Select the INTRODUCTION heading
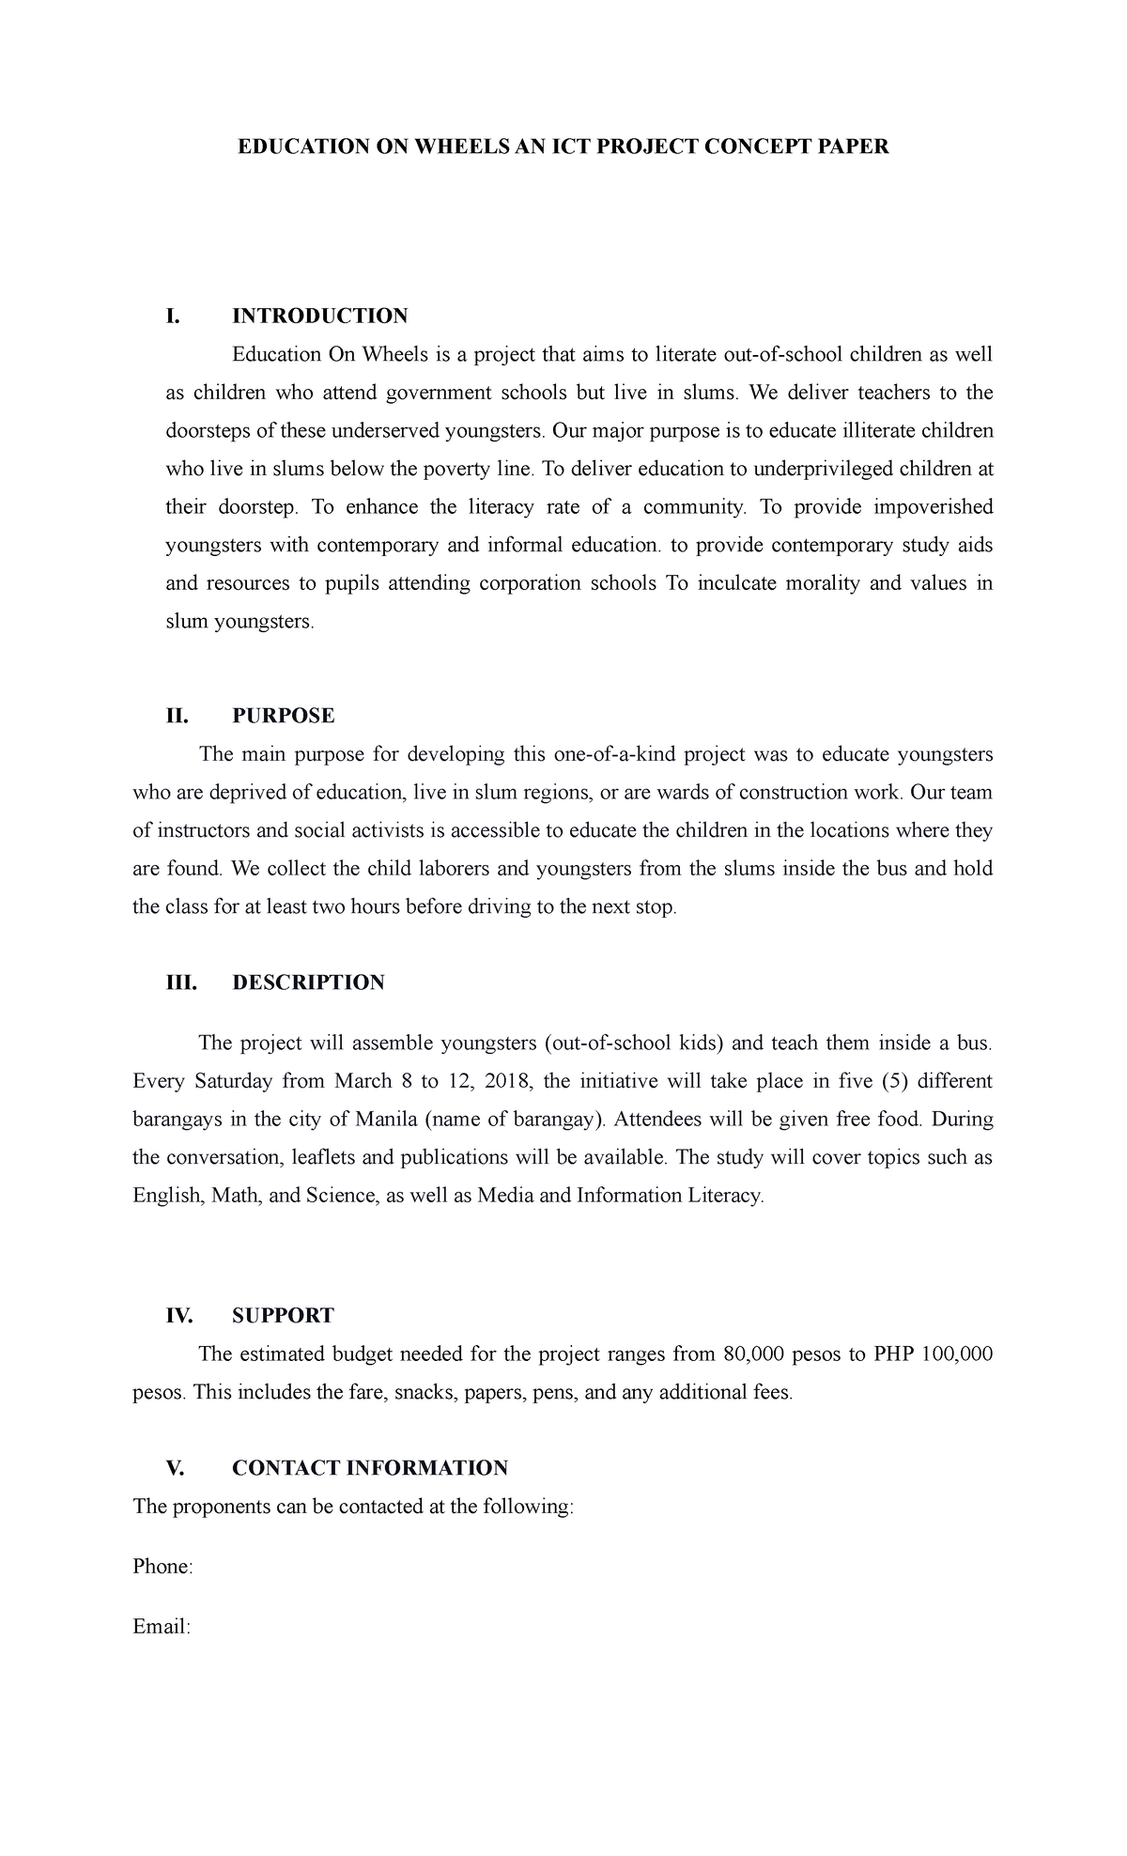tap(319, 316)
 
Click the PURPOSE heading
tap(283, 716)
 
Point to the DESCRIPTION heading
tap(308, 982)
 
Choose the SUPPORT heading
tap(283, 1315)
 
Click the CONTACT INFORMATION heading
tap(370, 1467)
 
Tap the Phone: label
tap(162, 1566)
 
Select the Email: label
tap(162, 1626)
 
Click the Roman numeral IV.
tap(178, 1315)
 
